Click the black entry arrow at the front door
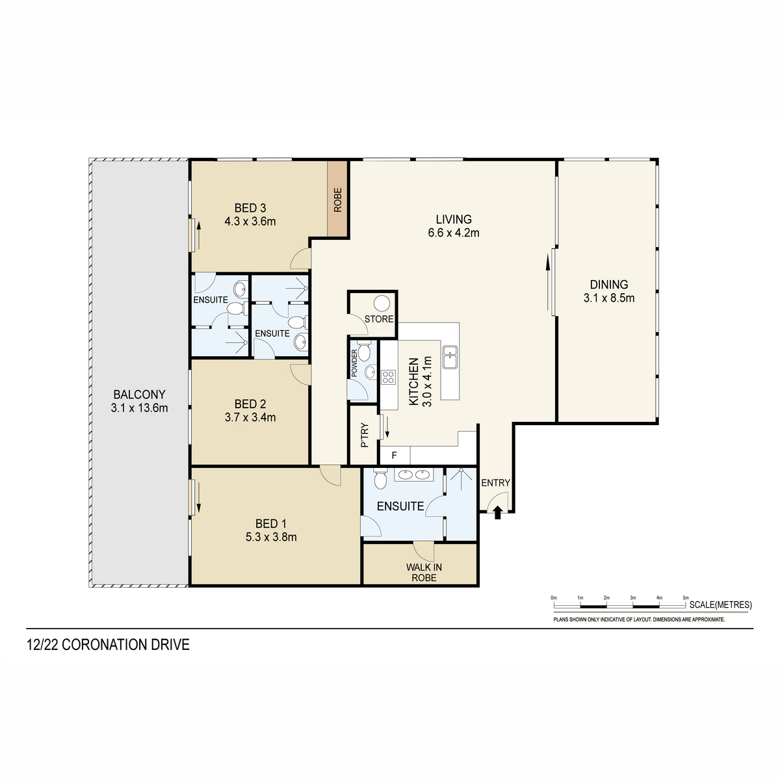click(x=498, y=513)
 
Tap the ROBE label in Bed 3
click(x=337, y=200)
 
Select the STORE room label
click(x=379, y=319)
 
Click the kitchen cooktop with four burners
click(x=388, y=377)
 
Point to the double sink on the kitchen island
click(x=450, y=357)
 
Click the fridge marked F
click(x=395, y=456)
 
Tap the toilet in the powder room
click(x=364, y=350)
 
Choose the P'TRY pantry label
click(x=365, y=435)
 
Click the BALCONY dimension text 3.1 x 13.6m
click(x=139, y=408)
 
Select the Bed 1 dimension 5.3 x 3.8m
click(x=271, y=537)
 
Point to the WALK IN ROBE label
click(x=424, y=573)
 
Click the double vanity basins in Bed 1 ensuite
click(x=414, y=474)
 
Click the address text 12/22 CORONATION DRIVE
click(x=108, y=645)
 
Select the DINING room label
click(x=609, y=285)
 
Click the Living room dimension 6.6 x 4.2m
click(x=454, y=233)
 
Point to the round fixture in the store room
click(x=382, y=303)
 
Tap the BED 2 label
click(x=250, y=404)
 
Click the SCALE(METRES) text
click(x=721, y=604)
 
